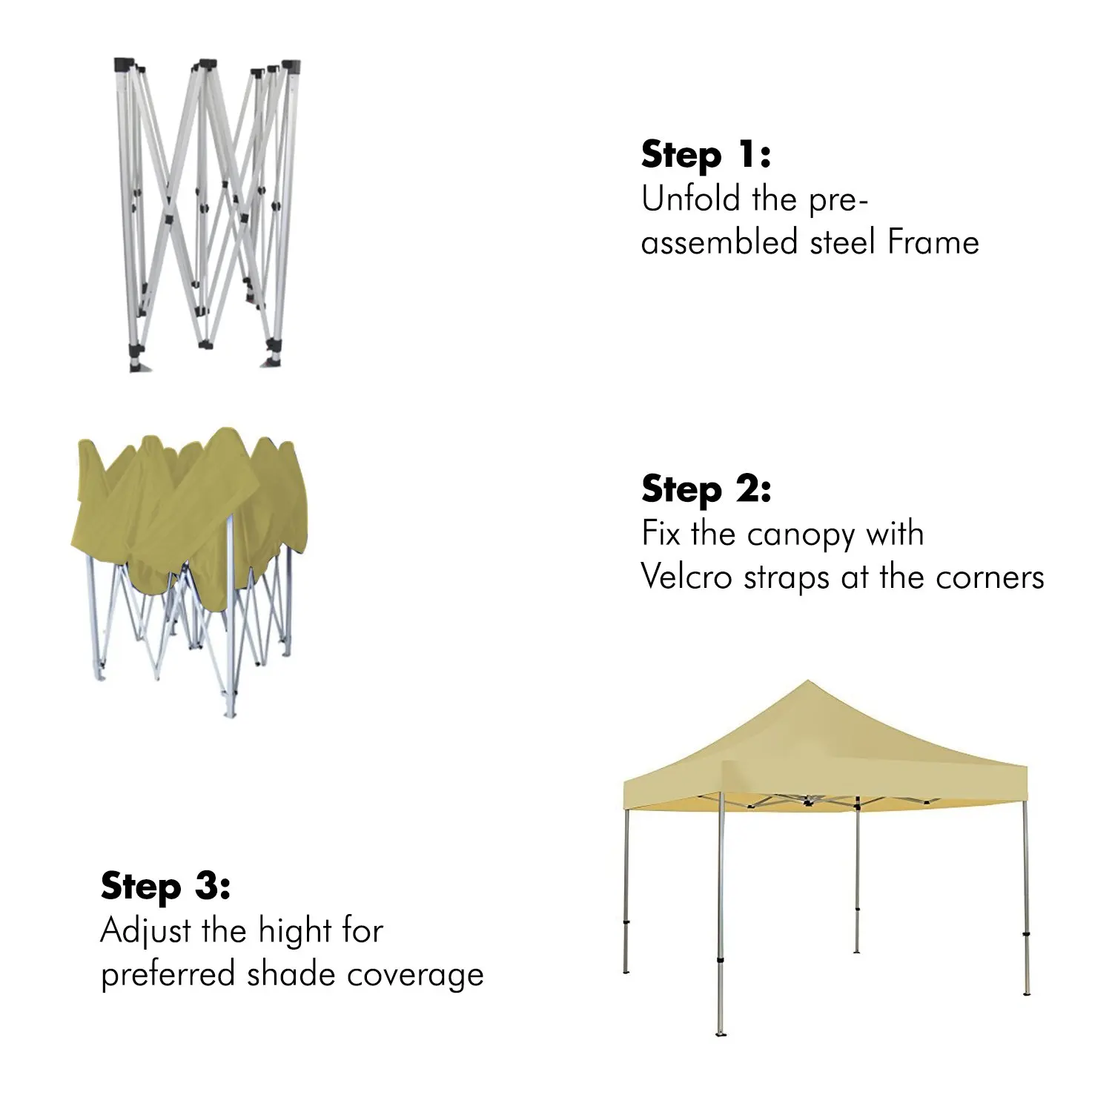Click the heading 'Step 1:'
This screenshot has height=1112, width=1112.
tap(706, 156)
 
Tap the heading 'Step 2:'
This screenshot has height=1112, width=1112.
tap(706, 490)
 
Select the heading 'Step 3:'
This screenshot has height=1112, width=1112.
tap(165, 887)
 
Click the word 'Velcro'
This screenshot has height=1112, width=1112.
tap(686, 577)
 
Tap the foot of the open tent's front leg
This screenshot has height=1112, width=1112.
tap(720, 1033)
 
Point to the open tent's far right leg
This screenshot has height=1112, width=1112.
tap(1025, 890)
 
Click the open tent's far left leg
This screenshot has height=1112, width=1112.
tap(627, 890)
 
